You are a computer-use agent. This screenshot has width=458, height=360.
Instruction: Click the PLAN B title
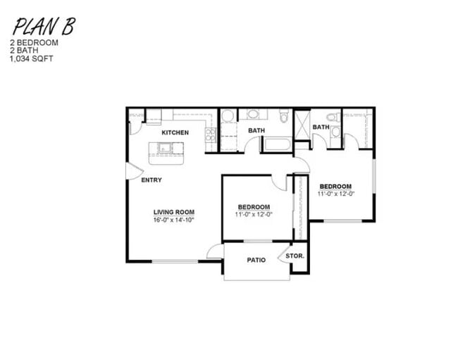pos(42,27)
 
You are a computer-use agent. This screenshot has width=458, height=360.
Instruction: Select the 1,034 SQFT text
pos(31,58)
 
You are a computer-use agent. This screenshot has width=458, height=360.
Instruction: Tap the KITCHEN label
pos(175,132)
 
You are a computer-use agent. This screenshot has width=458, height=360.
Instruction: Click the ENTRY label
pos(151,180)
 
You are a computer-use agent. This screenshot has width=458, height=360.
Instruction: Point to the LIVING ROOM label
pos(173,212)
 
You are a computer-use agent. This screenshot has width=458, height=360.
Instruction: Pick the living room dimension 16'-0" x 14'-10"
pos(173,220)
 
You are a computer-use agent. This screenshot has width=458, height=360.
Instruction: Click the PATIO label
pos(256,260)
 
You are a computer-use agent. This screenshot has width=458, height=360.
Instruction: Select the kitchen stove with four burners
pos(210,135)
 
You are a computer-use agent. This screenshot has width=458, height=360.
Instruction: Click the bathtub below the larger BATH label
pos(277,145)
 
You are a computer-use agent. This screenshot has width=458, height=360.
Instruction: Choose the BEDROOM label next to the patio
pos(254,206)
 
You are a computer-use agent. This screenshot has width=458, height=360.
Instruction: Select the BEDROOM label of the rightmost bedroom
pos(335,187)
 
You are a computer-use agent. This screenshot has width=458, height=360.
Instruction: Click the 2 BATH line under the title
pos(22,51)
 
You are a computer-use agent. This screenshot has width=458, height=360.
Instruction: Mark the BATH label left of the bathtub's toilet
pos(256,130)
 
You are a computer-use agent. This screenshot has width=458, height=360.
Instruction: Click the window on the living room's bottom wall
pos(175,262)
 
